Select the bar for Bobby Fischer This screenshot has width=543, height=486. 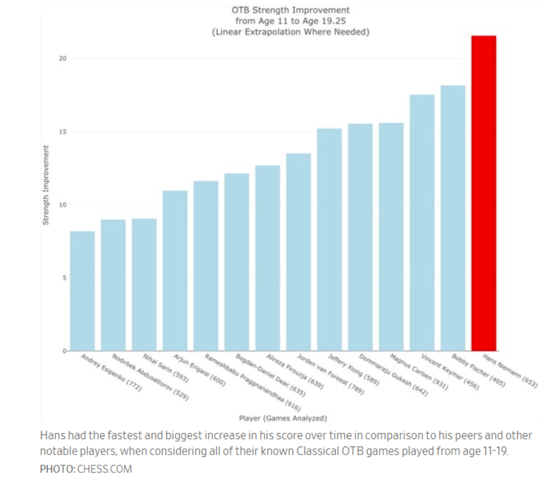coord(452,218)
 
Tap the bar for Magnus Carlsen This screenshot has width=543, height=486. coord(391,237)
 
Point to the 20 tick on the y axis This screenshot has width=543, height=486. coord(62,58)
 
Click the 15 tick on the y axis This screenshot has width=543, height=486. coord(62,132)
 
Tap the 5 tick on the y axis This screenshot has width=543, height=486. coord(63,278)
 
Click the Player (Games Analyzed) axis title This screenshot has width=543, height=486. coord(283,419)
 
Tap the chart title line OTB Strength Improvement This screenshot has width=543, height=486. coord(290,10)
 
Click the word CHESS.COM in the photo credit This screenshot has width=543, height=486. coord(105,469)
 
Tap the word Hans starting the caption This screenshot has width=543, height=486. coord(50,436)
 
